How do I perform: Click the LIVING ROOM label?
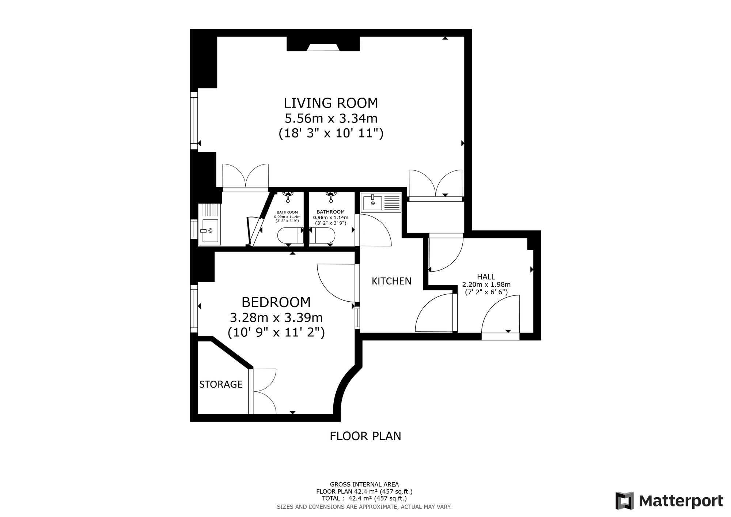pos(331,103)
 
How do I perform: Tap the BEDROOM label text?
pos(276,302)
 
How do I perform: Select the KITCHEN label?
pos(391,281)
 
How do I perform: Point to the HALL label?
pos(486,277)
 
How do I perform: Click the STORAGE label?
pos(221,384)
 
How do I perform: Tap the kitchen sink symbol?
pos(381,203)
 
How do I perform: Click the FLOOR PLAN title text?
pos(365,436)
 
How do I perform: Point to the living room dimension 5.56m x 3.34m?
pos(331,118)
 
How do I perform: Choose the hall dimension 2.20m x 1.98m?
pos(486,284)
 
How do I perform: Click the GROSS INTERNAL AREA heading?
pos(364,484)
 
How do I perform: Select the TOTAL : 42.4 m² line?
pos(364,498)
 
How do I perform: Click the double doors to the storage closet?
pos(262,391)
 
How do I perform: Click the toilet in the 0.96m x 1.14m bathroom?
pos(322,236)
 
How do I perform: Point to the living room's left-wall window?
pos(194,120)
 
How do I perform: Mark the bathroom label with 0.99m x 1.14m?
pos(287,216)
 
